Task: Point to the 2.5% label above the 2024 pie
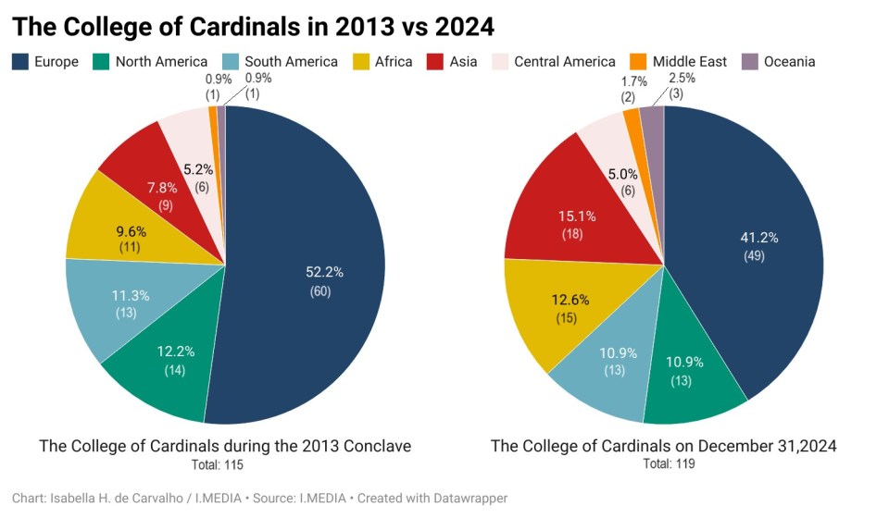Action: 682,79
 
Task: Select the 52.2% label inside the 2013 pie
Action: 324,272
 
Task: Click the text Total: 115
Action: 225,463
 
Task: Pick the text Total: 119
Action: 663,463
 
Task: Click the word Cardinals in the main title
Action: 236,26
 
